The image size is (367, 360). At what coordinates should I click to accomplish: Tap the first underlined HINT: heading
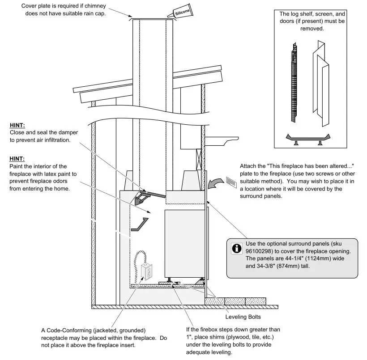click(x=17, y=126)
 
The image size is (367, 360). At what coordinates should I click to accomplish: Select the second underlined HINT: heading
click(x=17, y=159)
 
